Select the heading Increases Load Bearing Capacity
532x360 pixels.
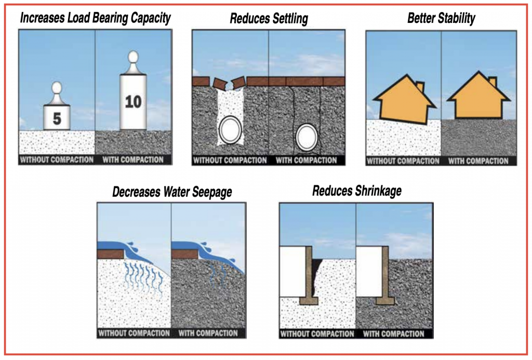[x=95, y=18]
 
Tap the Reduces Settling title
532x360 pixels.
[x=269, y=19]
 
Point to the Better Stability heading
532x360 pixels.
[x=441, y=19]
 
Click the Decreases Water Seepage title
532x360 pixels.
[x=172, y=192]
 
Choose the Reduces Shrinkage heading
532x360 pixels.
[x=356, y=191]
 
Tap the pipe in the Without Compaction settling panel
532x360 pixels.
[x=230, y=131]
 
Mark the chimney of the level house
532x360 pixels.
[x=493, y=83]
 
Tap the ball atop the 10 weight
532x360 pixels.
[x=133, y=57]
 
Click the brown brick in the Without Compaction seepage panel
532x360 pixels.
[x=110, y=254]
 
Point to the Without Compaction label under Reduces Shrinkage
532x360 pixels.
[x=317, y=334]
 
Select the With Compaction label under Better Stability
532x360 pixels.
[x=478, y=161]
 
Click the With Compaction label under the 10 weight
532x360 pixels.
[x=133, y=159]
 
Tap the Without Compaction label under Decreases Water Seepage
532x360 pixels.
[x=134, y=333]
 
